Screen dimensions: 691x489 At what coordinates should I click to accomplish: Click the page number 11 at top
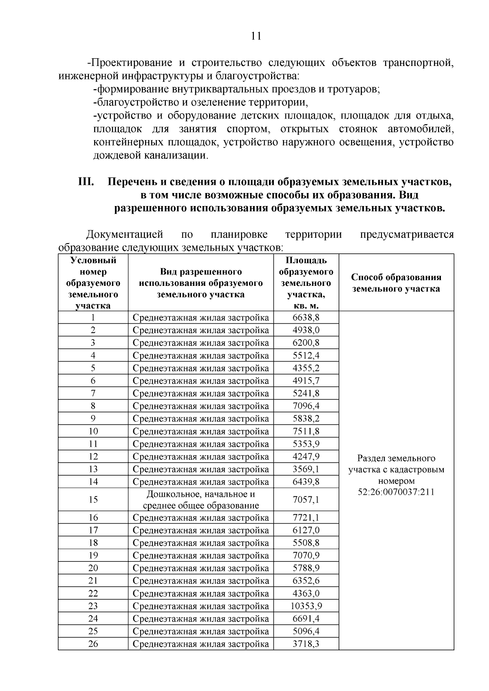(256, 36)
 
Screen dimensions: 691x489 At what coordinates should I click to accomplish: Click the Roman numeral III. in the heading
(86, 182)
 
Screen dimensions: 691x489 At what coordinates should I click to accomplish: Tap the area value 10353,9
(306, 606)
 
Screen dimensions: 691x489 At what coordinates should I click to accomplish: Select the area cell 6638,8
(306, 317)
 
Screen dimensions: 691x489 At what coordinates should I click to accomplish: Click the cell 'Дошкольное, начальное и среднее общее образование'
(200, 500)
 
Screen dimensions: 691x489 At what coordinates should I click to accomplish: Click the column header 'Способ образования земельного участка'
(396, 283)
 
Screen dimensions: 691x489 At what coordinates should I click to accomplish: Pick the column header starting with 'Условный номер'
(93, 283)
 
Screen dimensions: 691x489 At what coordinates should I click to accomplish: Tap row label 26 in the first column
(93, 644)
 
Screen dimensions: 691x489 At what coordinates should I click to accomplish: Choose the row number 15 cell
(93, 500)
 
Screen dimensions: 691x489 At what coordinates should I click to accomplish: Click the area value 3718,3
(306, 644)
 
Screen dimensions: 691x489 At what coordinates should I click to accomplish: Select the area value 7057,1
(306, 500)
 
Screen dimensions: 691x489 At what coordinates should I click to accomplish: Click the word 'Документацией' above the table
(125, 235)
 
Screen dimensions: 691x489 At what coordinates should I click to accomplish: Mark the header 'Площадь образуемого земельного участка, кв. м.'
(306, 283)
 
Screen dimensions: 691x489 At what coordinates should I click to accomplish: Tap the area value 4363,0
(306, 593)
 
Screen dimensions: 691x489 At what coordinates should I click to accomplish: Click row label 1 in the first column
(93, 317)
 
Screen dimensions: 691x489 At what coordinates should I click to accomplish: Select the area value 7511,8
(306, 431)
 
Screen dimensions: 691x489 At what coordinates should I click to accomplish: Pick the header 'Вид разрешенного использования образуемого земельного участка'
(200, 283)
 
